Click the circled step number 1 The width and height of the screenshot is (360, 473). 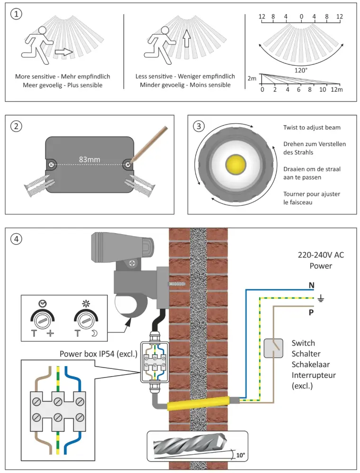tap(17, 14)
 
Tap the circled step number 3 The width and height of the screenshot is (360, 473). tap(199, 126)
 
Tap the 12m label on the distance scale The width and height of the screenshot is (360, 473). tap(336, 90)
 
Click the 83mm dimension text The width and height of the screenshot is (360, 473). tap(89, 159)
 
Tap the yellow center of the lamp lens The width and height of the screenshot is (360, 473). tap(235, 164)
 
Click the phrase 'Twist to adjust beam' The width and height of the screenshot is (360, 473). tap(312, 128)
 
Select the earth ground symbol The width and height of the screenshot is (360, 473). tap(320, 298)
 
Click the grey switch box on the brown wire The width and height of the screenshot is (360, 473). tap(273, 349)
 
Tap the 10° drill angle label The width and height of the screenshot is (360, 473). tap(241, 455)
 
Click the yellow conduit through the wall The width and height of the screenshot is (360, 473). tap(199, 403)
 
